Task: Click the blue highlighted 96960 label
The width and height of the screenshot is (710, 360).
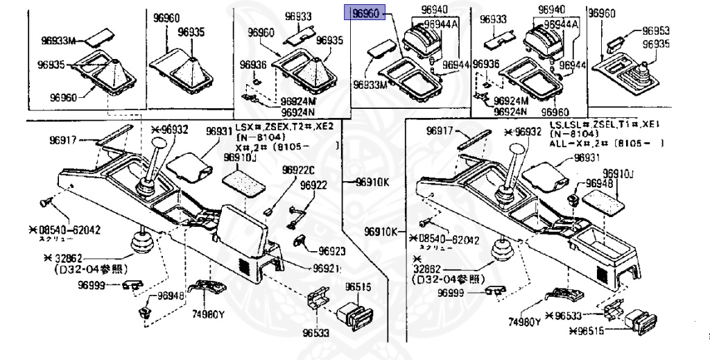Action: point(367,14)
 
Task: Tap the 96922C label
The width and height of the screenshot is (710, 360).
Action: point(298,171)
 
